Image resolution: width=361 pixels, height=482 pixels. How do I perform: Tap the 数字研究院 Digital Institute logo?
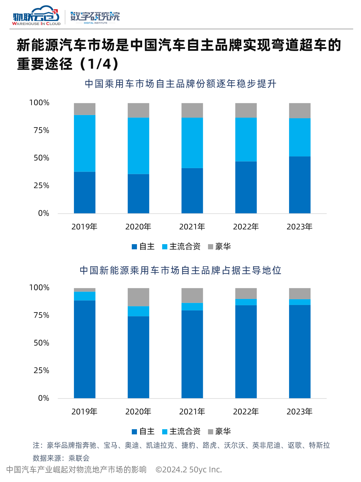[x=95, y=18]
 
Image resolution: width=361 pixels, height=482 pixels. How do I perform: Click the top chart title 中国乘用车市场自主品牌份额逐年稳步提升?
[x=180, y=84]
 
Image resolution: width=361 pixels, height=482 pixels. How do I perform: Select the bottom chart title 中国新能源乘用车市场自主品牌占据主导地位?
[x=180, y=270]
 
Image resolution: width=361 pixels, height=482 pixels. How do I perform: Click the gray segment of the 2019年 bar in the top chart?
[x=85, y=109]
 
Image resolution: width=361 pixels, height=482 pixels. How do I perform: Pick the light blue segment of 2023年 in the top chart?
[x=300, y=137]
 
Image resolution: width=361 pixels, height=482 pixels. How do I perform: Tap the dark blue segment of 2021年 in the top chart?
[x=192, y=191]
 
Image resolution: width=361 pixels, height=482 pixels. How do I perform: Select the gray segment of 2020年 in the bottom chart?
[x=138, y=297]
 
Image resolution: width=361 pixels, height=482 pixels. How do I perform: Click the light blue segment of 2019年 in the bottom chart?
[x=85, y=296]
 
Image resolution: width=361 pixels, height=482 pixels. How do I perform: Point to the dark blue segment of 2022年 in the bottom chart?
[x=246, y=351]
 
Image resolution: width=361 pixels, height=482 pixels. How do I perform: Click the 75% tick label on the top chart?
[x=42, y=131]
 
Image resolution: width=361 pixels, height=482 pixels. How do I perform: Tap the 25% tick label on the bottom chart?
[x=42, y=370]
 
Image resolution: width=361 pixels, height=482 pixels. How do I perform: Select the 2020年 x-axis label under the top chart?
[x=138, y=227]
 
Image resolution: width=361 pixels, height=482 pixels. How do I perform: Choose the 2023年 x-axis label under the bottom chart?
[x=300, y=412]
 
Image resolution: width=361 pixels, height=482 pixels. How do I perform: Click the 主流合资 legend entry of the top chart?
[x=181, y=246]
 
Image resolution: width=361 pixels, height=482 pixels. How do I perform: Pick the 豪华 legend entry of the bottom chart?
[x=219, y=431]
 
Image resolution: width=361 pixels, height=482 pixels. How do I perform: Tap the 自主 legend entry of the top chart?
[x=143, y=246]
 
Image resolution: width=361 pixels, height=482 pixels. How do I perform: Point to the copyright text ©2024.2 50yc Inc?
[x=189, y=470]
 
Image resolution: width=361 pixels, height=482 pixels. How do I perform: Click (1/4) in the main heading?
[x=99, y=64]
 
